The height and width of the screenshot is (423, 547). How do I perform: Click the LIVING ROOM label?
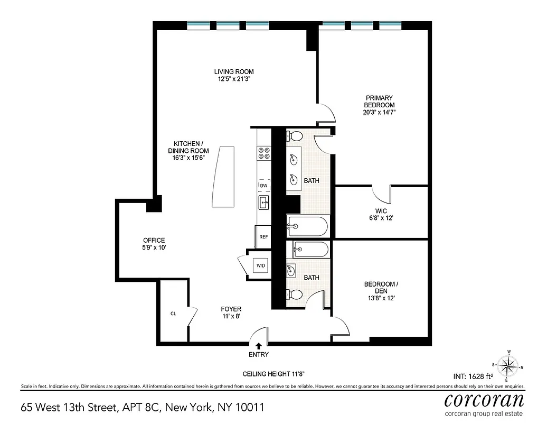(x=234, y=72)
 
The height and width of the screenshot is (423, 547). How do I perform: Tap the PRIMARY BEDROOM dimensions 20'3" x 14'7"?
(x=379, y=113)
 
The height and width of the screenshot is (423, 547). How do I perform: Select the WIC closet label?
(x=381, y=210)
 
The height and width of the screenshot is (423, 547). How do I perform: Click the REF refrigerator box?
(x=263, y=237)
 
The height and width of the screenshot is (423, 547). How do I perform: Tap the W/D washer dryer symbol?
(x=260, y=265)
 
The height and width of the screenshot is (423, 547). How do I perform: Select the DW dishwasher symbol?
(x=263, y=186)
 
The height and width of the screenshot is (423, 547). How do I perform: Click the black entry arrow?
(x=258, y=346)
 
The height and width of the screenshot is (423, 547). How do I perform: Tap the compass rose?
(x=509, y=365)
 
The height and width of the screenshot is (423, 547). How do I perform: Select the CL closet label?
(x=173, y=314)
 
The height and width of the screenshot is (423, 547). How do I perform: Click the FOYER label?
(x=231, y=309)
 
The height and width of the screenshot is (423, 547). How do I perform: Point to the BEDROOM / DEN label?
(x=381, y=288)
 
